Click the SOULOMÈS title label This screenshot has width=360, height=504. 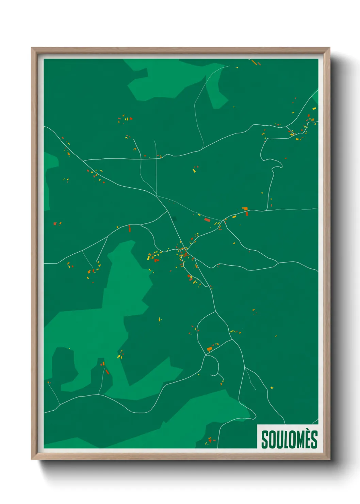pos(289,439)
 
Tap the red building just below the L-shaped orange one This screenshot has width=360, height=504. pos(247,214)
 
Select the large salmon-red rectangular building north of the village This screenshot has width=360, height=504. pos(207,220)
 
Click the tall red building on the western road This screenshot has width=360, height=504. pos(130,228)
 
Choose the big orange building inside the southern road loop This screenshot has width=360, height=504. pos(209,349)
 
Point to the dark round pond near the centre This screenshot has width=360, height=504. pos(174,219)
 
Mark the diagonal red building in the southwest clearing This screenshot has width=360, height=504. pos(107,372)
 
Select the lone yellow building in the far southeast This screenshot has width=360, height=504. pos(272,388)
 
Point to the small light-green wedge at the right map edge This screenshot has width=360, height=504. pos(315,97)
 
